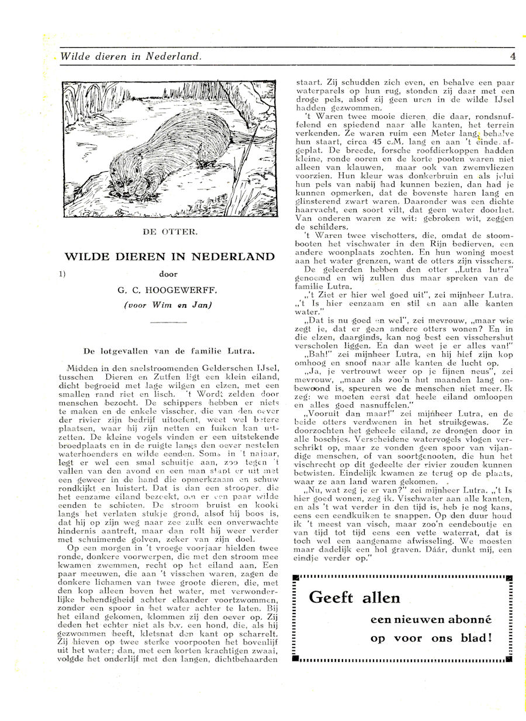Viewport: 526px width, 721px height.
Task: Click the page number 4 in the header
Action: [512, 57]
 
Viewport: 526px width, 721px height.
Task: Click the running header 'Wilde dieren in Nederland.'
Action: [131, 57]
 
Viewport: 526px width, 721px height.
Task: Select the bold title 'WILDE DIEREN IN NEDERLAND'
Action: [169, 256]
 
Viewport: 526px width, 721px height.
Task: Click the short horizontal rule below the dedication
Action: [169, 321]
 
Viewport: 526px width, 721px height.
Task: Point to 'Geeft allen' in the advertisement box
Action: [354, 597]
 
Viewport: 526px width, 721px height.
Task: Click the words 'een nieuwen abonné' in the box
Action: [431, 619]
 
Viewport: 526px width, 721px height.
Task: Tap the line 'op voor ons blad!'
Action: [431, 638]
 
